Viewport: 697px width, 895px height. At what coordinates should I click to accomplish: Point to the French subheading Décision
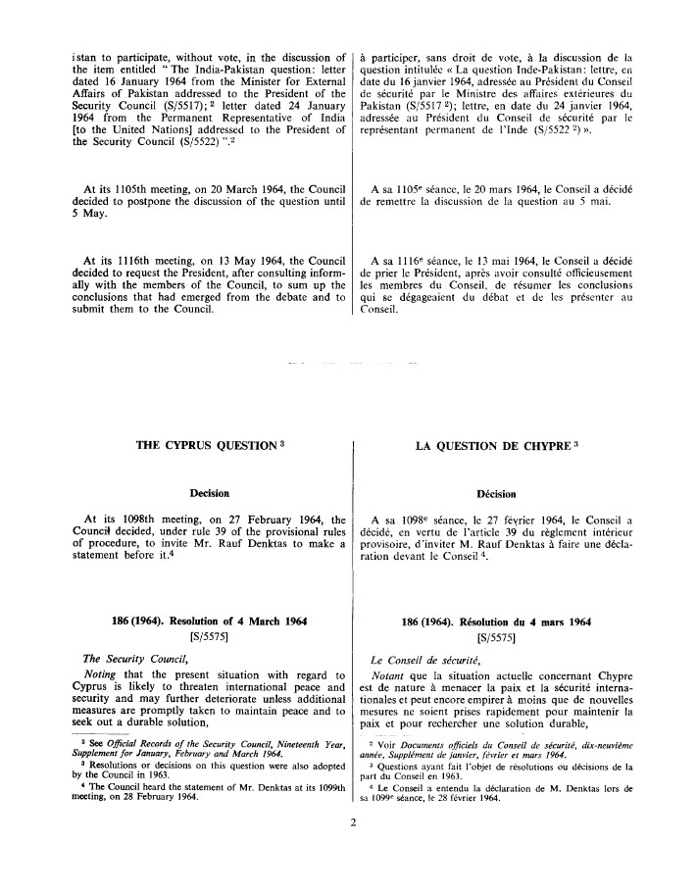[525, 494]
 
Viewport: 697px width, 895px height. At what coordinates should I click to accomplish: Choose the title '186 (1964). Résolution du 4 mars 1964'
[525, 622]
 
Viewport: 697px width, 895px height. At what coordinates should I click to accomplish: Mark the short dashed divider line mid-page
[348, 364]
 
